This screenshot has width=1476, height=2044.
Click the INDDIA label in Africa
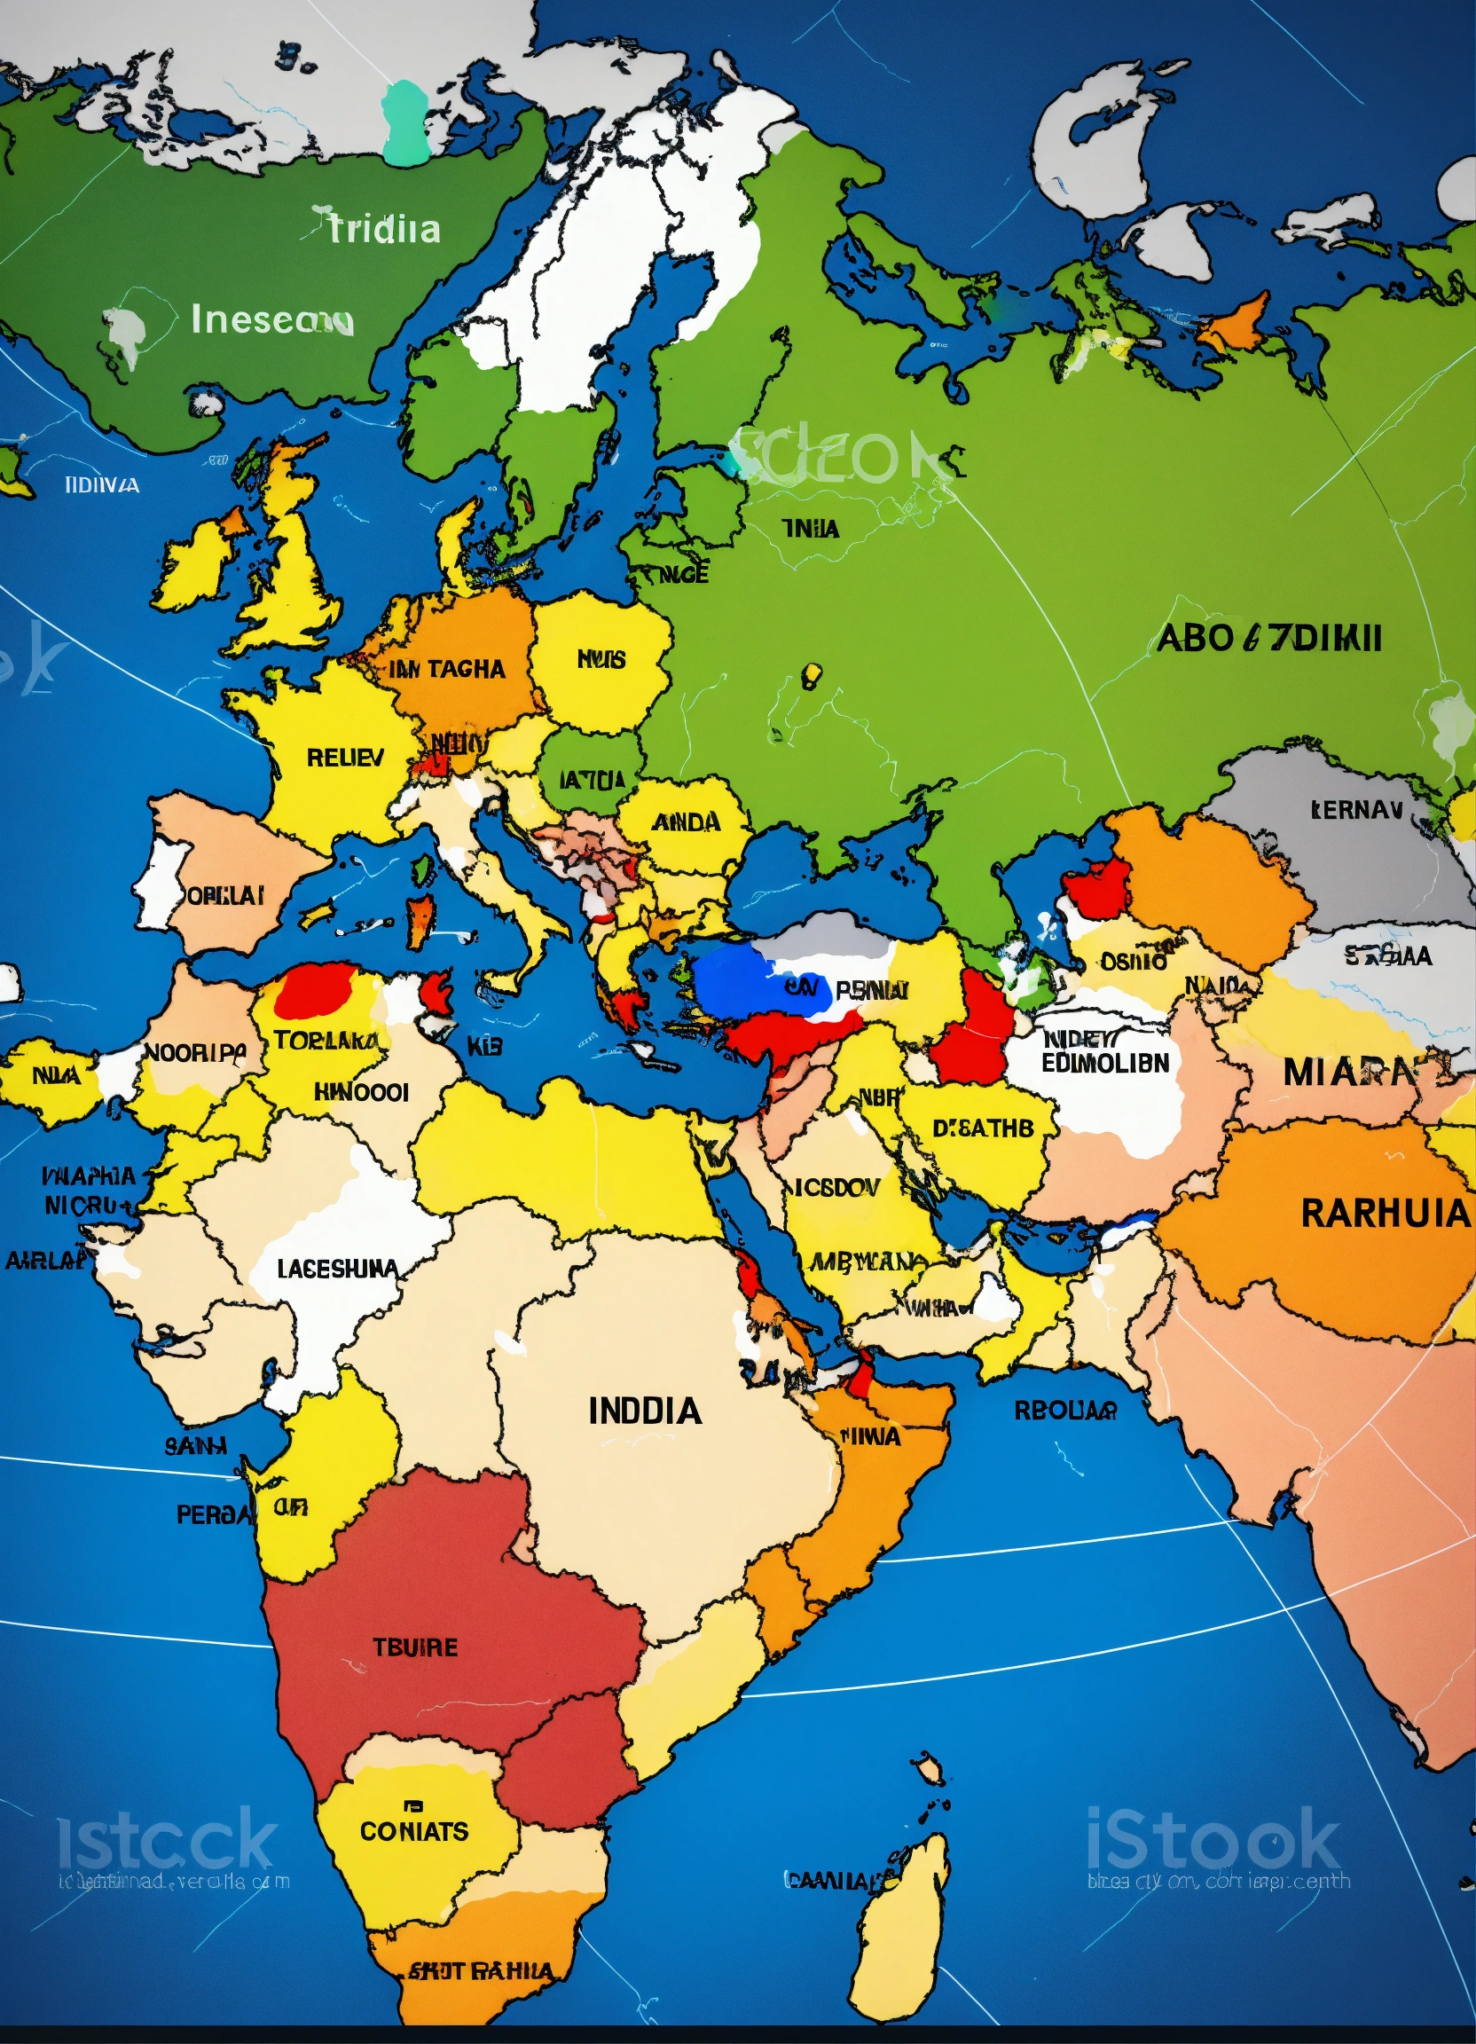[x=644, y=1411]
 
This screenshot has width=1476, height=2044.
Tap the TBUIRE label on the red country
[x=414, y=1647]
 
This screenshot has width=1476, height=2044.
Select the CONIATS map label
[x=413, y=1831]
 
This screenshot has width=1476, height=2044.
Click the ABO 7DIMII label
[x=1268, y=639]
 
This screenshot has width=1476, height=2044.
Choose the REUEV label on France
[x=345, y=757]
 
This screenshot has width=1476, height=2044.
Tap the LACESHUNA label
[x=337, y=1269]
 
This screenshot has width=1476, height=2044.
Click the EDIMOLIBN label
[x=1104, y=1063]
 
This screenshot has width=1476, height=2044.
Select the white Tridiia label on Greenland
[x=384, y=229]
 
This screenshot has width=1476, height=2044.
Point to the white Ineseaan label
[x=271, y=320]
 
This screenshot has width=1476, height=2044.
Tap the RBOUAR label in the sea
[x=1065, y=1411]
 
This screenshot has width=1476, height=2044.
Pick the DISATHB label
[x=982, y=1128]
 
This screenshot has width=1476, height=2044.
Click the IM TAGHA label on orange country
[x=447, y=669]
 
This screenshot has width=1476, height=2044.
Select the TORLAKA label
[x=326, y=1040]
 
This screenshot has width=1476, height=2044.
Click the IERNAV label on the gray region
[x=1356, y=809]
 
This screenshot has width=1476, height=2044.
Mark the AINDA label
[x=686, y=822]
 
